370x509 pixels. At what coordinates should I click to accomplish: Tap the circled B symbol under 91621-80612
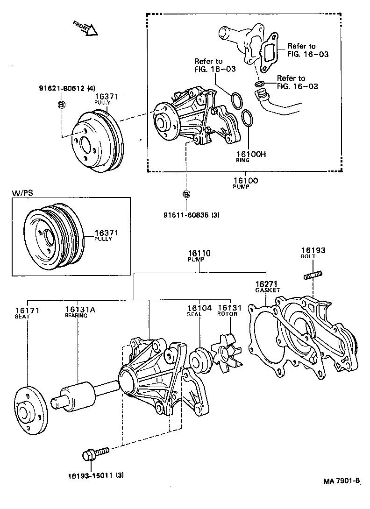click(61, 105)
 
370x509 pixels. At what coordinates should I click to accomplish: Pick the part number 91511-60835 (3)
click(191, 215)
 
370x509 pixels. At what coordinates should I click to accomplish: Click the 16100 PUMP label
click(245, 183)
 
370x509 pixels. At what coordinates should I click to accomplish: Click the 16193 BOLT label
click(313, 253)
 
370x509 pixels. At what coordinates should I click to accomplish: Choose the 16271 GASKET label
click(267, 286)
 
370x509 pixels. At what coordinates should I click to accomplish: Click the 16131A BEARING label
click(77, 311)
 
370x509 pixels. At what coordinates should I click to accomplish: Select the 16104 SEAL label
click(199, 311)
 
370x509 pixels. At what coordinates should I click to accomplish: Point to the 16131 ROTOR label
click(228, 311)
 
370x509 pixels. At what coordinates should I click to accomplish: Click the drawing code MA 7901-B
click(342, 481)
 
